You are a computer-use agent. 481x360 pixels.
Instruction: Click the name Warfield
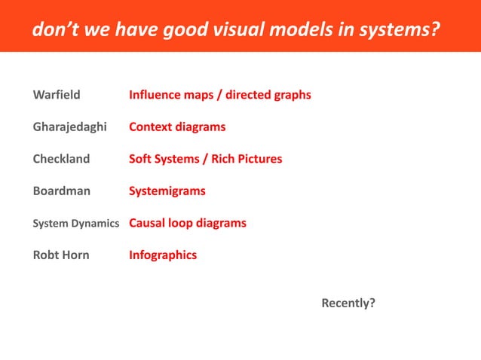pos(57,96)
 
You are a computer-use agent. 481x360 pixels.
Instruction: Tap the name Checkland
pos(61,159)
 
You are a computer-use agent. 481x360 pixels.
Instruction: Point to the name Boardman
pos(61,191)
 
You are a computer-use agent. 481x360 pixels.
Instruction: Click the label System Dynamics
pos(75,224)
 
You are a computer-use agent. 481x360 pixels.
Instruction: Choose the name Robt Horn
pos(60,255)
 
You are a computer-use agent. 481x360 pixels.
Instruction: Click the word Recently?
pos(348,304)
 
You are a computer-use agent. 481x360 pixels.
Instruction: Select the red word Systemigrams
pos(167,191)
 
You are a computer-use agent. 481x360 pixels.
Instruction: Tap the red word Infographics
pos(163,255)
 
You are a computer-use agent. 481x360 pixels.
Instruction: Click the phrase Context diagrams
pos(177,127)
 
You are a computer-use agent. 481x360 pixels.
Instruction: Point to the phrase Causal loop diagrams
pos(188,224)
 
